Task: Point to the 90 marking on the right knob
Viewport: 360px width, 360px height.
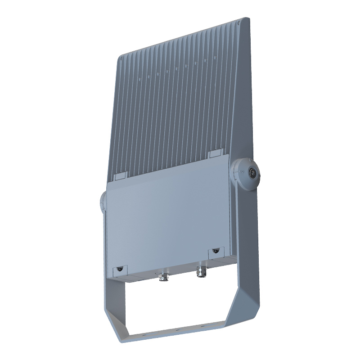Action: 241,171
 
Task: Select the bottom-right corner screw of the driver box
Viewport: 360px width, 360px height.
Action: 216,250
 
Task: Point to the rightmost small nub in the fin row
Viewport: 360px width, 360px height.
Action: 205,59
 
